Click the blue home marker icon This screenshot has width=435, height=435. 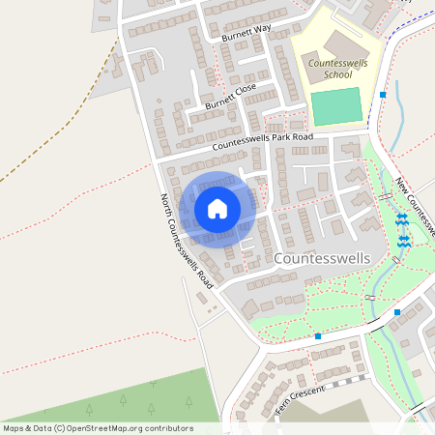pyautogui.click(x=217, y=208)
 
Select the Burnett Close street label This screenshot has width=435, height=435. pyautogui.click(x=231, y=95)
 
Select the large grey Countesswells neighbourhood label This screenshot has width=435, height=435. pyautogui.click(x=324, y=259)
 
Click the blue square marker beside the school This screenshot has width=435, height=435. pyautogui.click(x=384, y=95)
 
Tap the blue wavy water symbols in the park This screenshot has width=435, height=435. pyautogui.click(x=402, y=232)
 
